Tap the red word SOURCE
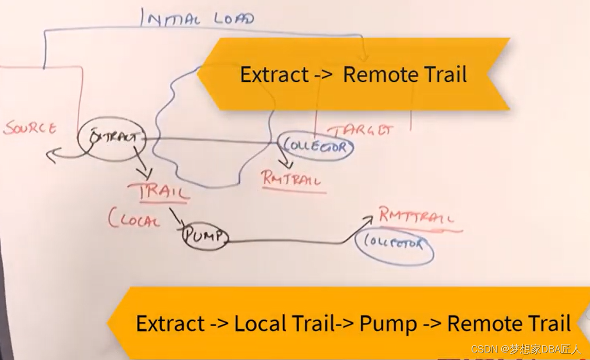pyautogui.click(x=30, y=128)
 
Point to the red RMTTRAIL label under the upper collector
pyautogui.click(x=292, y=179)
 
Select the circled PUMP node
pyautogui.click(x=204, y=236)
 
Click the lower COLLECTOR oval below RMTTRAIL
pyautogui.click(x=395, y=245)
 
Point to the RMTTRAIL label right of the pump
pyautogui.click(x=416, y=217)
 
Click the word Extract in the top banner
pyautogui.click(x=274, y=74)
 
